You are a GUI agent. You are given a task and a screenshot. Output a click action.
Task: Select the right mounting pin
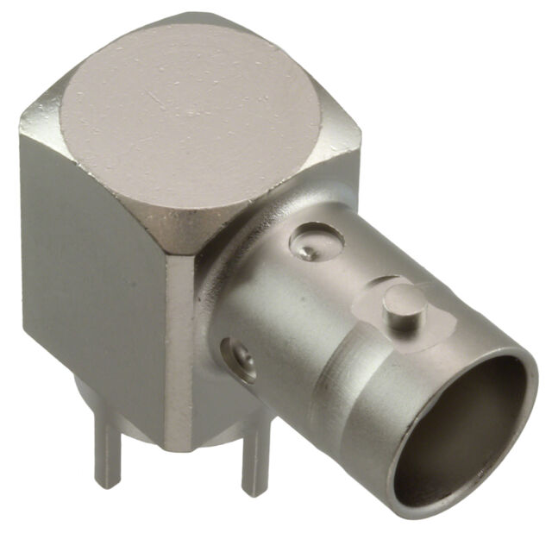point(254,466)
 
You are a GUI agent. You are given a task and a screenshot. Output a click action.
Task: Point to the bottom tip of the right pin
point(254,493)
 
